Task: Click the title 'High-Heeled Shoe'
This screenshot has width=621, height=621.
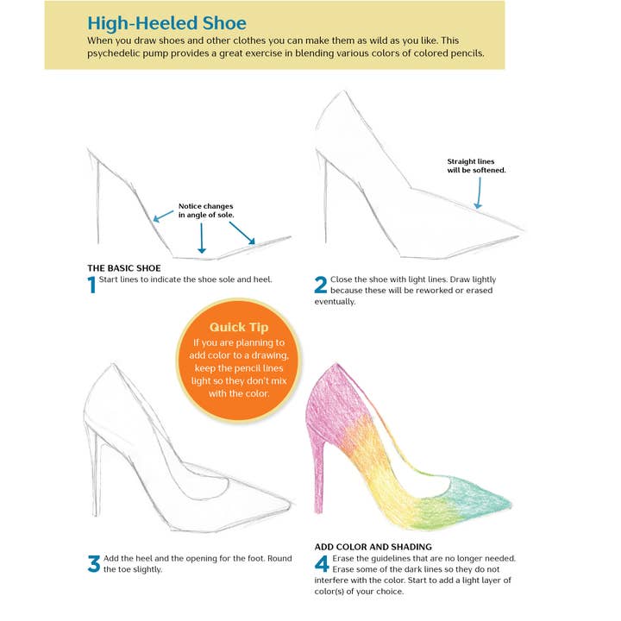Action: [x=166, y=22]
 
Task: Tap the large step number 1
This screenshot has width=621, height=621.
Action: [x=91, y=285]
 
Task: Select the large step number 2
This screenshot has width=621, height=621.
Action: [x=320, y=285]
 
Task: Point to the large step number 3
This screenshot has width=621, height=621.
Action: [x=93, y=564]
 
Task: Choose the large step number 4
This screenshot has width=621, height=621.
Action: [x=321, y=565]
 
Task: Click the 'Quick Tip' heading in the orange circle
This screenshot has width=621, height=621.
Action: [x=239, y=327]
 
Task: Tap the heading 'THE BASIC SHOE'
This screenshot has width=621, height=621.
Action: [x=124, y=268]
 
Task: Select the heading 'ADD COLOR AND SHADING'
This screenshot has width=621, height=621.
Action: [x=373, y=547]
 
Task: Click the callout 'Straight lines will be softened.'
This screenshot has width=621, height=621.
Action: [x=476, y=166]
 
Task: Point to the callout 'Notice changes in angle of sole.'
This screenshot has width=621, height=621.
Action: [x=206, y=210]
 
